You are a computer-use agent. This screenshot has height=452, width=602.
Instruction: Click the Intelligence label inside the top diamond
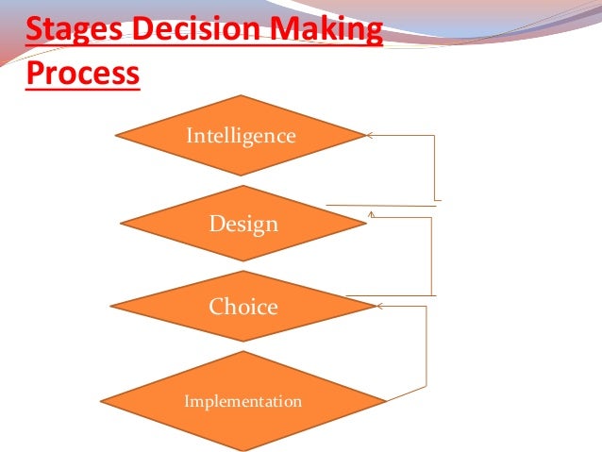(x=241, y=136)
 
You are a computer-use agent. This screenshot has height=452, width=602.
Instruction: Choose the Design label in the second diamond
(x=243, y=225)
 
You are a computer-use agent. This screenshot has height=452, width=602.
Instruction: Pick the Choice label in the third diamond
(x=243, y=307)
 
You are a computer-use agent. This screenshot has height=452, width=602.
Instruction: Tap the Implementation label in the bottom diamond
(x=242, y=401)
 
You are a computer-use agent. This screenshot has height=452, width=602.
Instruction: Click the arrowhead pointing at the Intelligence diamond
(x=370, y=136)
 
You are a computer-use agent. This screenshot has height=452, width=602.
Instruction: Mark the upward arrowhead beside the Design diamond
(x=372, y=214)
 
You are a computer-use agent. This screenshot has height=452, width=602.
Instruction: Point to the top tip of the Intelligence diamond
(x=242, y=95)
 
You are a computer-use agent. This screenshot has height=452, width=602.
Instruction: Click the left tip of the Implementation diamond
(x=101, y=400)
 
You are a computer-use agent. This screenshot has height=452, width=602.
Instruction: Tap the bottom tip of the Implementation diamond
(x=242, y=450)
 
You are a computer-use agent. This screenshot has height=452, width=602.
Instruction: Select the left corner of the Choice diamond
(x=111, y=306)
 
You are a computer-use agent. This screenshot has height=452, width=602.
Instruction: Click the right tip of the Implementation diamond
(x=386, y=400)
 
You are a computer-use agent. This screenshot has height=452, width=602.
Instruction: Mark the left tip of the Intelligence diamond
(x=116, y=136)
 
